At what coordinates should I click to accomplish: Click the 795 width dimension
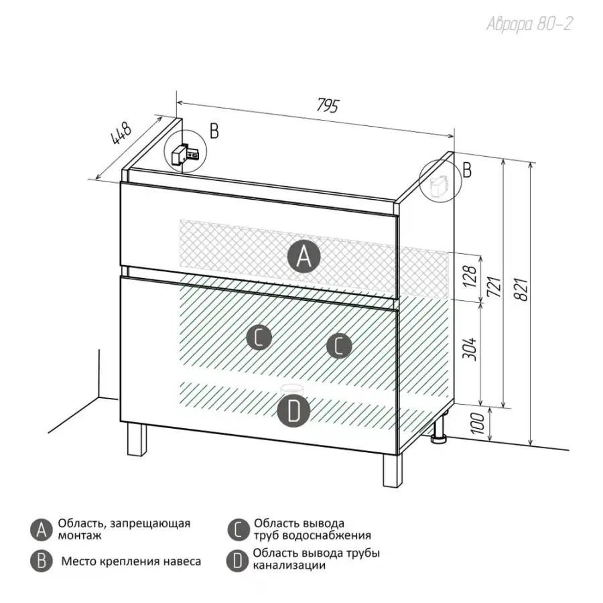328,105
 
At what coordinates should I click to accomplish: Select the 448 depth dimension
121,133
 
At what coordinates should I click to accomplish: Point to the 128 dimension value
470,276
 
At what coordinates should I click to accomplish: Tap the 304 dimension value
470,349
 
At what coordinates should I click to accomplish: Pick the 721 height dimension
494,287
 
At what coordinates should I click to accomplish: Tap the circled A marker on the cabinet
304,257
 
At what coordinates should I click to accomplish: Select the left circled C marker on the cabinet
259,337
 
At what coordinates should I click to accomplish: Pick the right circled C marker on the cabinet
339,345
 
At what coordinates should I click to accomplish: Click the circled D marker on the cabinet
294,411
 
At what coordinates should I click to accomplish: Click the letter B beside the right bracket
467,170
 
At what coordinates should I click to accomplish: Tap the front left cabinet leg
137,440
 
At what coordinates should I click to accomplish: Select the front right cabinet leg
393,470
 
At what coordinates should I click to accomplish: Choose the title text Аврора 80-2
529,24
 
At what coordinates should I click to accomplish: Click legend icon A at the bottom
41,530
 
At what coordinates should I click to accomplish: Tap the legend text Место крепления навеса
131,561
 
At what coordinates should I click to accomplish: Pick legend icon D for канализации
237,561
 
